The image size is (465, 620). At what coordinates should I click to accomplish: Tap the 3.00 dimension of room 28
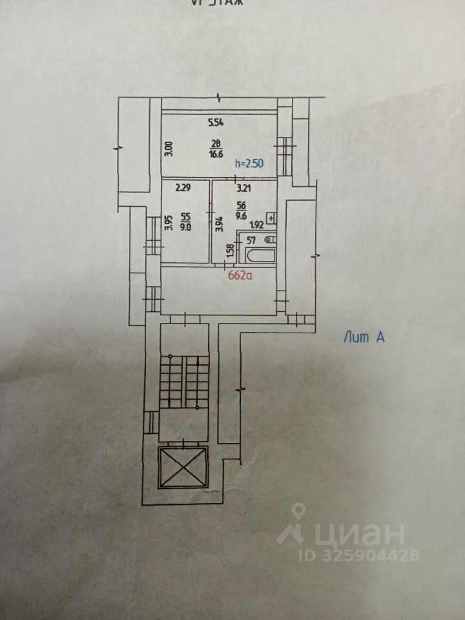point(167,150)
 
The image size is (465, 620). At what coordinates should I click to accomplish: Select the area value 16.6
point(216,154)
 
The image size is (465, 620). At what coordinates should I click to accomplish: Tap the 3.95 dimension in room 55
point(168,223)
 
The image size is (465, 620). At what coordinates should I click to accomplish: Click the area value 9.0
point(186,227)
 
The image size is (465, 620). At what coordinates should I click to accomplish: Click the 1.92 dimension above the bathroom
point(256,225)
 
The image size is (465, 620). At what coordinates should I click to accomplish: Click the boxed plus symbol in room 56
point(271,217)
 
